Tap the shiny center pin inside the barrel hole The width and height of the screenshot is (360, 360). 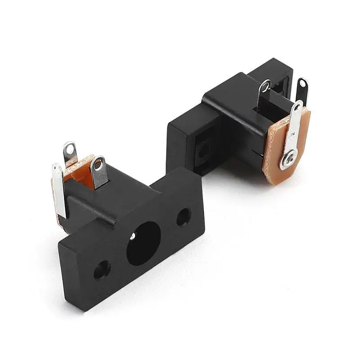tap(134, 236)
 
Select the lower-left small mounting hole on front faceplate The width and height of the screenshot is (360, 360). tap(102, 270)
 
